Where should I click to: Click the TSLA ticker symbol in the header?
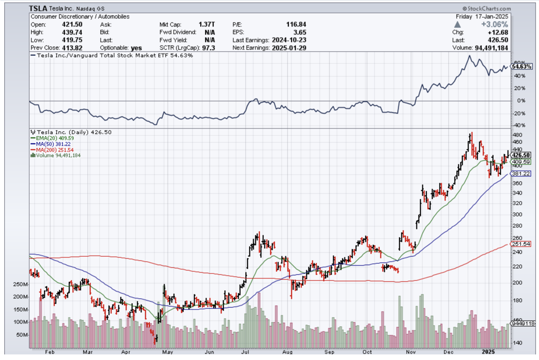[38, 9]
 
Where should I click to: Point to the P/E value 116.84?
[296, 24]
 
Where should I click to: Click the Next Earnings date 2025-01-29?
[289, 48]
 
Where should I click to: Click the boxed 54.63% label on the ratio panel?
[521, 66]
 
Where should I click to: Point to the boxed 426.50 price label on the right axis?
[521, 155]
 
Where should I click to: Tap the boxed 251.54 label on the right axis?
[521, 244]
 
